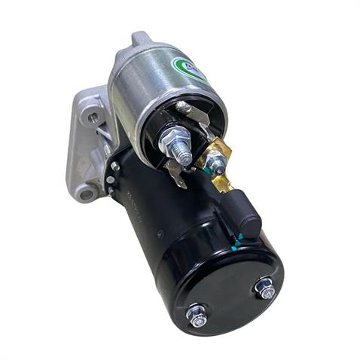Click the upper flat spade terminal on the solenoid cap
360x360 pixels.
pyautogui.click(x=197, y=114)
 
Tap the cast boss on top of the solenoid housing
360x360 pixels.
pyautogui.click(x=141, y=38)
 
